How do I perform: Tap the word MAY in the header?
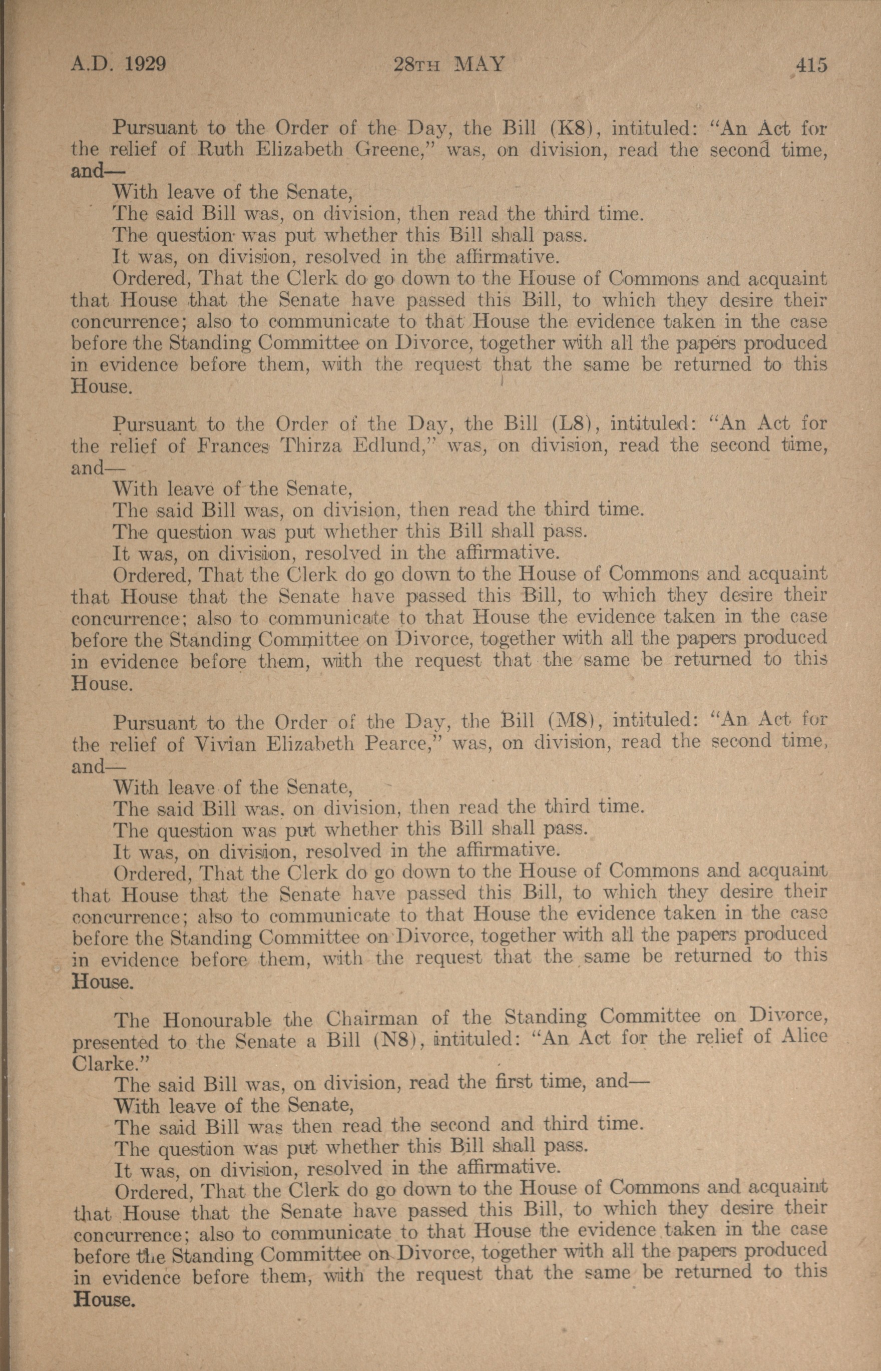[x=479, y=64]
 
